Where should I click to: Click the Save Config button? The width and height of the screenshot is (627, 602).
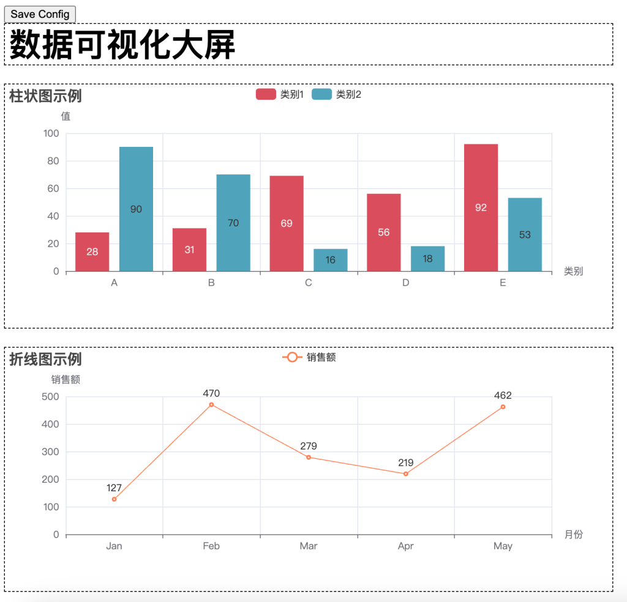pos(40,14)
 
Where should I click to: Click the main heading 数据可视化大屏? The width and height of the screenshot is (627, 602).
pos(122,44)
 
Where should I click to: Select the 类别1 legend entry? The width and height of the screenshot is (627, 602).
pos(280,94)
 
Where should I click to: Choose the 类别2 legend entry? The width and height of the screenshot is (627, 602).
pos(336,94)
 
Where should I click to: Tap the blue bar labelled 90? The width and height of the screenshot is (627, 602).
pos(136,209)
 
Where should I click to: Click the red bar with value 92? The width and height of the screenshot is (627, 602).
pos(481,207)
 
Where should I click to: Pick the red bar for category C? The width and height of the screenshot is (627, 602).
pos(287,223)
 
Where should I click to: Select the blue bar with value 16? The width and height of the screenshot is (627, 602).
pos(331,260)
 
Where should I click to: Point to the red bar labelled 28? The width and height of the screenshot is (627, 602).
pos(92,251)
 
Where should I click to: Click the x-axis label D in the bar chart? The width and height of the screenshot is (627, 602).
pos(405,283)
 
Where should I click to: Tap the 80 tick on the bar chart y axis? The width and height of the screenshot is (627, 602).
pos(52,161)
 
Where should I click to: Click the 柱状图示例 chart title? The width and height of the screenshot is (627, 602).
pos(45,96)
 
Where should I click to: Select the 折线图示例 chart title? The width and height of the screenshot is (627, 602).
pos(45,359)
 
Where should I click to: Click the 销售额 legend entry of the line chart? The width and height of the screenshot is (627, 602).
pos(309,357)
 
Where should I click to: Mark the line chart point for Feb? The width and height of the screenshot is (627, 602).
pos(211,404)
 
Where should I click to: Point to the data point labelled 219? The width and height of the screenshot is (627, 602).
pos(405,474)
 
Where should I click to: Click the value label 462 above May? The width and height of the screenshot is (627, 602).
pos(503,395)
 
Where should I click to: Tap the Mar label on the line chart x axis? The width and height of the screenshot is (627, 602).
pos(309,546)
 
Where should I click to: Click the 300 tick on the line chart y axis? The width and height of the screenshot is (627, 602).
pos(52,452)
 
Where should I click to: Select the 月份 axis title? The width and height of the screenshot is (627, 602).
pos(574,535)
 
